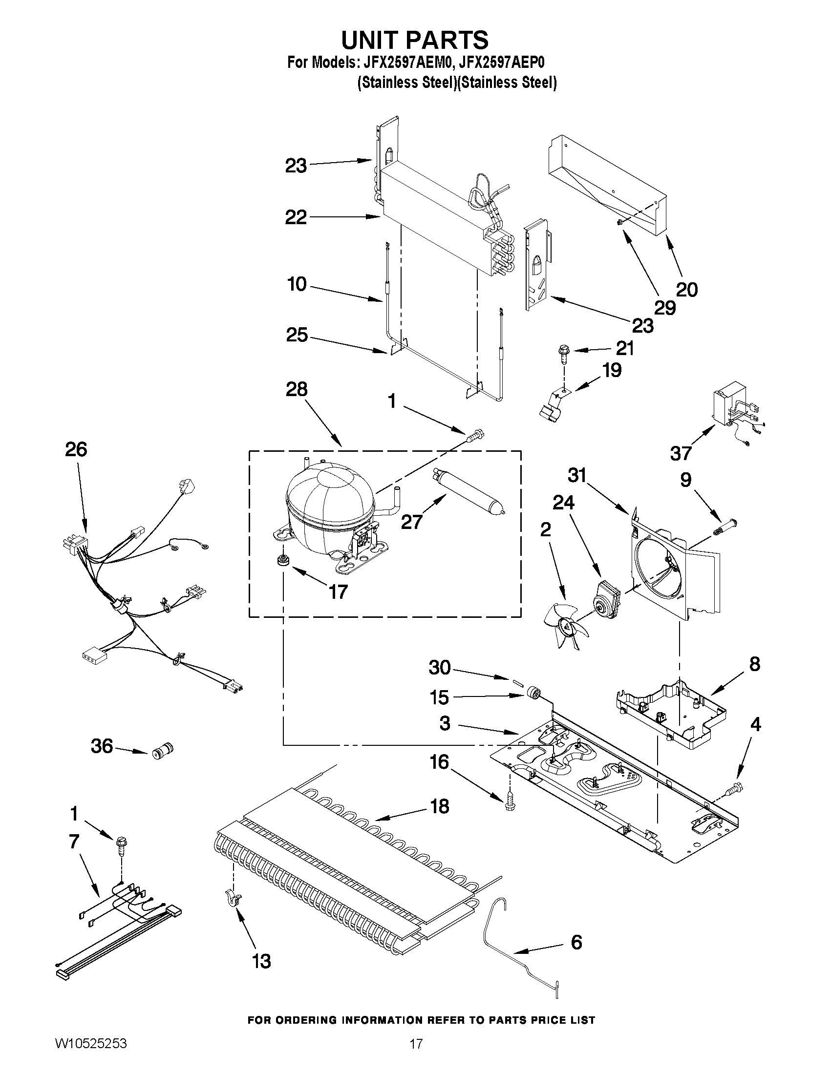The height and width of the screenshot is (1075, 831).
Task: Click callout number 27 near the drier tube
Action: pyautogui.click(x=411, y=522)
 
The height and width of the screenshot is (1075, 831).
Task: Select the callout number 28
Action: pyautogui.click(x=297, y=389)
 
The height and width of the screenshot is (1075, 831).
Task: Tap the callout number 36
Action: pyautogui.click(x=102, y=746)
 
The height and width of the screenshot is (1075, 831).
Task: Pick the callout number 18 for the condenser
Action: pyautogui.click(x=439, y=806)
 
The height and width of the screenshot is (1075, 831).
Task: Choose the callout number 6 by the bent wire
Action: pyautogui.click(x=576, y=942)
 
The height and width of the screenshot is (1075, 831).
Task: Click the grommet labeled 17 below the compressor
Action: pyautogui.click(x=282, y=561)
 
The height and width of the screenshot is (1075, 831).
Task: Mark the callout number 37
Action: pyautogui.click(x=681, y=453)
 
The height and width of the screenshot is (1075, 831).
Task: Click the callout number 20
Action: pyautogui.click(x=687, y=290)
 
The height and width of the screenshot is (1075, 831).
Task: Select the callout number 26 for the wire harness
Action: pyautogui.click(x=76, y=449)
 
